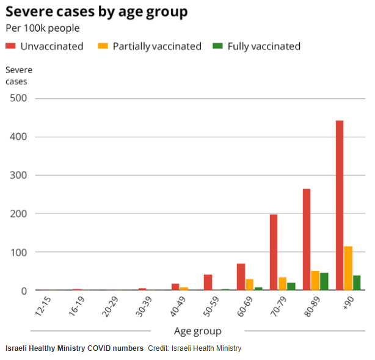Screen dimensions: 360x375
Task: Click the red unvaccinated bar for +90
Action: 340,206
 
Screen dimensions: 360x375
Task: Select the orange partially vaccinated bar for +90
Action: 348,268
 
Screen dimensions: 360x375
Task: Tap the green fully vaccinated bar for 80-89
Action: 324,281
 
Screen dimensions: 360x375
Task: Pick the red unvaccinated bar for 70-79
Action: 274,253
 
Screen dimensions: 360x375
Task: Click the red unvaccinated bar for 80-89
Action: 307,240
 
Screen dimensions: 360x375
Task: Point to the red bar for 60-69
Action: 241,277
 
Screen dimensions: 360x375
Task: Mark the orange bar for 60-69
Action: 249,284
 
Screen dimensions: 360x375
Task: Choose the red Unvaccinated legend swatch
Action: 10,46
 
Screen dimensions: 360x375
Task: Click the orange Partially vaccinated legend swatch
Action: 103,46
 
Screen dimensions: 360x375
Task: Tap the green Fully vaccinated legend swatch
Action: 217,46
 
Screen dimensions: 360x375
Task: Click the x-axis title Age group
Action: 198,331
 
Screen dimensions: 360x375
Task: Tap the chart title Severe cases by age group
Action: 96,12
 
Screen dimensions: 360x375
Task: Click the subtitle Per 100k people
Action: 42,28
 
